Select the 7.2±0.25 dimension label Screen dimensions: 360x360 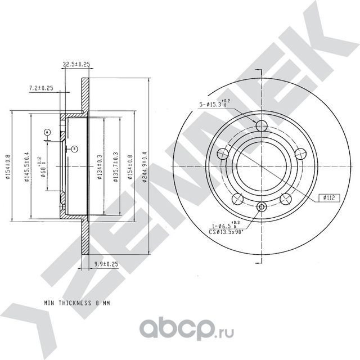coord(40,88)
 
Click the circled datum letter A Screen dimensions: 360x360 coord(47,132)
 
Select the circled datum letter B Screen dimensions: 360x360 coord(74,148)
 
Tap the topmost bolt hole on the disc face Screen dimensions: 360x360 coord(260,125)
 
